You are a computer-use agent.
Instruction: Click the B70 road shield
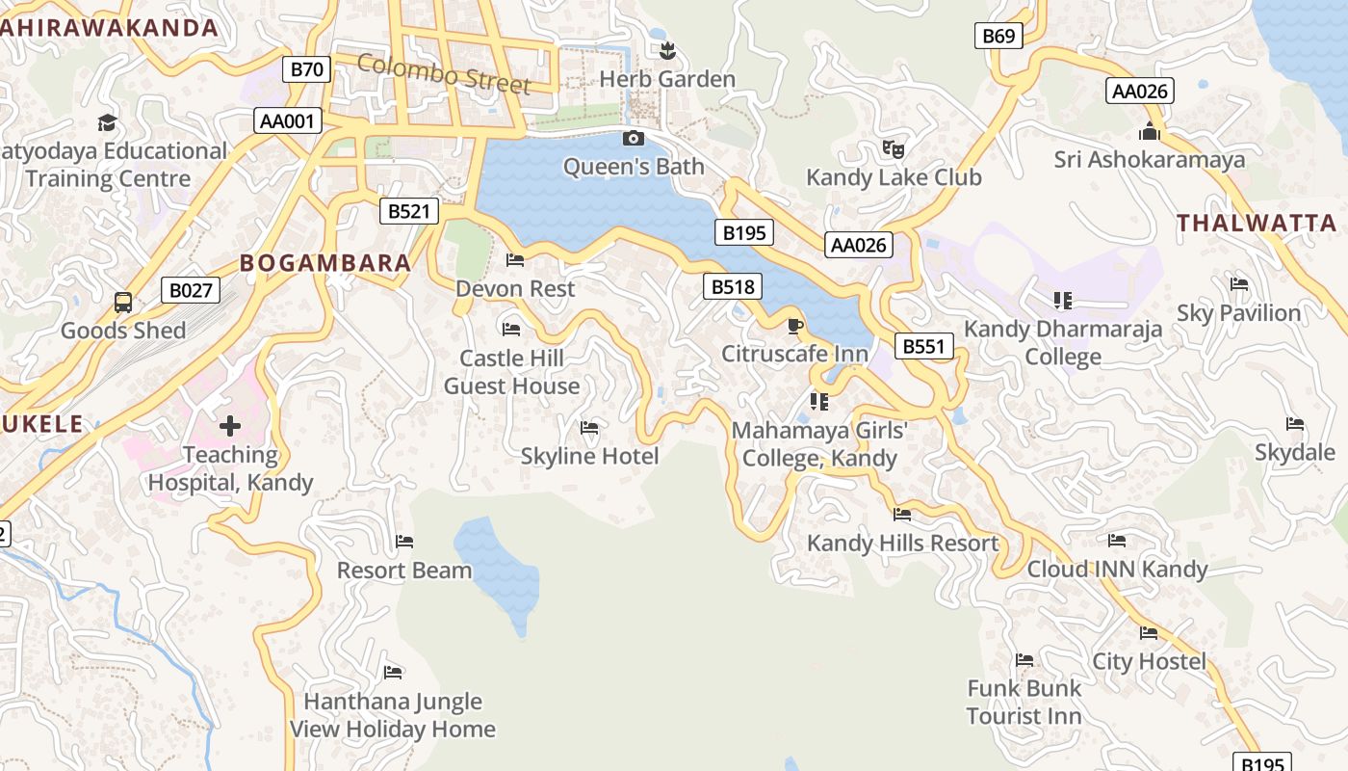307,68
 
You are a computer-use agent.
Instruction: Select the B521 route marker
408,211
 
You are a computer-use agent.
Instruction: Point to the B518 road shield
733,285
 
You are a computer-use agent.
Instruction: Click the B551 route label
923,346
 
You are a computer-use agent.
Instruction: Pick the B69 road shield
998,37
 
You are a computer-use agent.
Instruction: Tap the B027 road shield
190,290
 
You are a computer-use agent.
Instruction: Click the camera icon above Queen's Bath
634,139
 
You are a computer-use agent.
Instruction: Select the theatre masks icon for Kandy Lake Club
894,149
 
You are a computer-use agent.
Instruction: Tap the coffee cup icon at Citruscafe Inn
794,327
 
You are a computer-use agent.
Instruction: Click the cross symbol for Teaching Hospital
230,425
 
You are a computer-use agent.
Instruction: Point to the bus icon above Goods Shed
123,303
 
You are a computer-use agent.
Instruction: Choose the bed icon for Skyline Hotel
589,428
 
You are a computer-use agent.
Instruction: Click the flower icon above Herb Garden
666,51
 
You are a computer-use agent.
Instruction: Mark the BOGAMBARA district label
325,263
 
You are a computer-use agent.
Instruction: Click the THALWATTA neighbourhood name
1257,224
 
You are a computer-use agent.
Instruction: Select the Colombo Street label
444,74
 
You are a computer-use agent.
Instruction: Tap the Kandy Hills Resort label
902,543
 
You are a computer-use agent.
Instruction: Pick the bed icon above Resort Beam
404,542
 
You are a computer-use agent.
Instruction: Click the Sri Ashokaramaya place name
1149,159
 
